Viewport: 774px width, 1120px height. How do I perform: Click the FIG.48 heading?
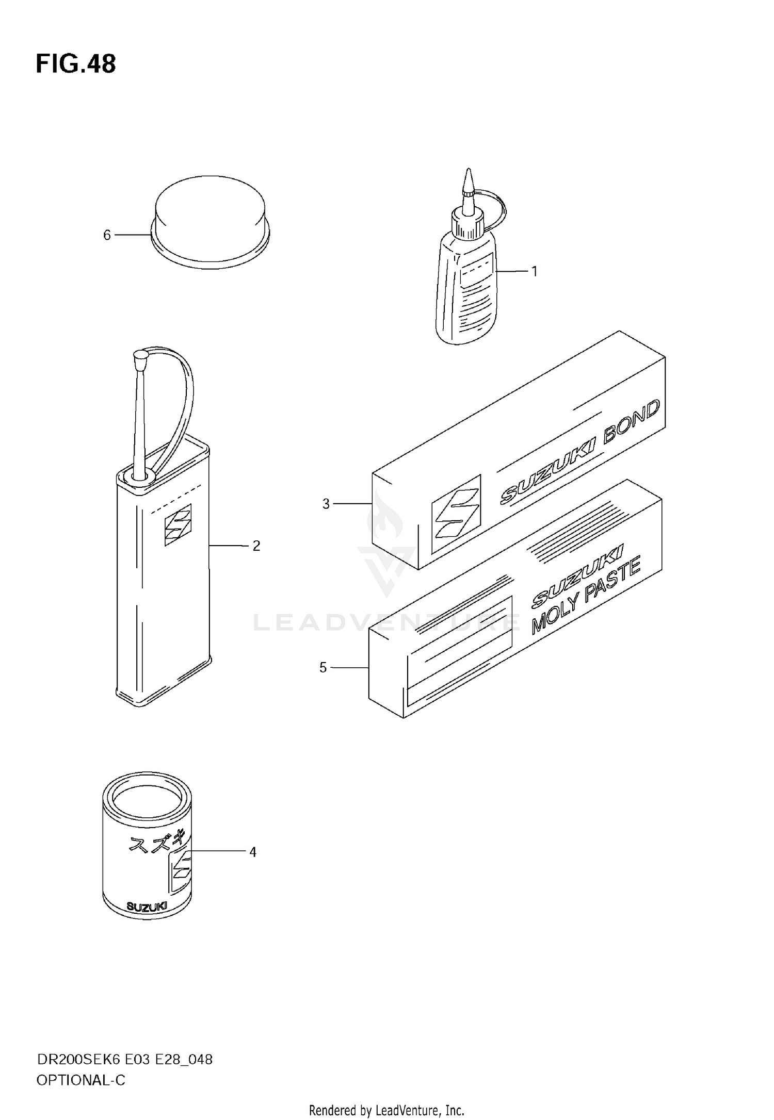(76, 64)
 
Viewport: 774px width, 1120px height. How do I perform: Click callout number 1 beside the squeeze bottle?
(535, 271)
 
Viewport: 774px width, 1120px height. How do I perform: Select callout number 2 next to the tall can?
(256, 546)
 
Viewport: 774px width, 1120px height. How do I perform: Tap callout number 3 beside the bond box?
(326, 504)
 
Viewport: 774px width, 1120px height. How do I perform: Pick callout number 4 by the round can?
(253, 852)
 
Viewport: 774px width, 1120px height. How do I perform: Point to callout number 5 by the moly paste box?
(323, 668)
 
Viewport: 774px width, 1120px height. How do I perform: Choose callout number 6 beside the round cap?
(107, 235)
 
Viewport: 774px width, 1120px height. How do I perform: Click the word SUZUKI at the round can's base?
(147, 907)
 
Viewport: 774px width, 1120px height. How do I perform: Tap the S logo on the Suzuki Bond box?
(456, 514)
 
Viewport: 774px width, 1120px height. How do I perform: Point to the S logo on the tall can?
(178, 524)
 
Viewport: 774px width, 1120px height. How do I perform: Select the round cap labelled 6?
(210, 222)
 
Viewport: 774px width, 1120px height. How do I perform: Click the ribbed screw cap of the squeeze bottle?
(468, 223)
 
